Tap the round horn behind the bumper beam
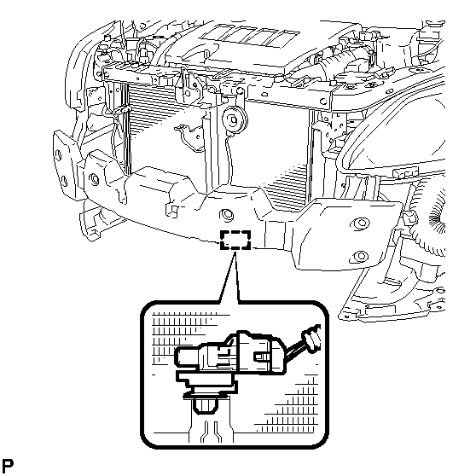(234, 120)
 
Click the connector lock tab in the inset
(262, 357)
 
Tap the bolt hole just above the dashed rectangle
(226, 215)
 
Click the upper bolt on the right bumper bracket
(360, 223)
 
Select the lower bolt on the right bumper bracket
(359, 256)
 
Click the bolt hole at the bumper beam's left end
(95, 179)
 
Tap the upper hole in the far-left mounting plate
(58, 155)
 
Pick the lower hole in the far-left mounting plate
(64, 182)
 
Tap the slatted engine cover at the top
(251, 37)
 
